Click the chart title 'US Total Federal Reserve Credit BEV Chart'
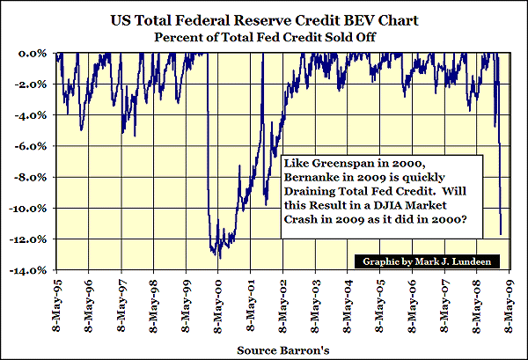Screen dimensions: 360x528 [x=264, y=18]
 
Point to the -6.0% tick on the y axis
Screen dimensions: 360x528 [x=33, y=146]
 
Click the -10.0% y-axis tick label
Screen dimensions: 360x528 [x=31, y=209]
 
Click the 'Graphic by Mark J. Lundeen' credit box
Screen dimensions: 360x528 [x=424, y=261]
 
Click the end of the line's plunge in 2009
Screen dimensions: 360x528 [x=502, y=234]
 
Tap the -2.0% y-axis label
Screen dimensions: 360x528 [x=33, y=84]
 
